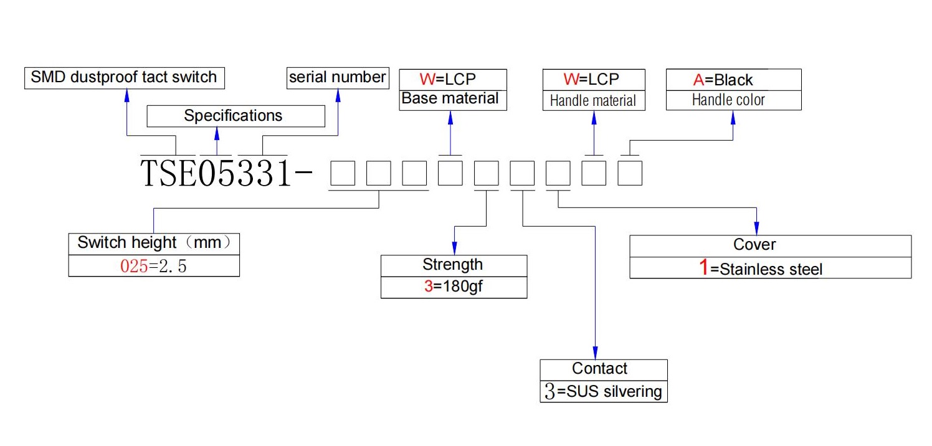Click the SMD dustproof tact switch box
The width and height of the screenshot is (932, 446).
click(x=125, y=78)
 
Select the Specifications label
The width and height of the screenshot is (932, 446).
click(x=233, y=116)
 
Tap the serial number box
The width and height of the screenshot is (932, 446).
click(x=338, y=78)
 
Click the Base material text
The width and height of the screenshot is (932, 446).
click(x=450, y=98)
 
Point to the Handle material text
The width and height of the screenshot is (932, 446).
click(x=593, y=101)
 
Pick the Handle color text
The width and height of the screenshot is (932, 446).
click(x=728, y=100)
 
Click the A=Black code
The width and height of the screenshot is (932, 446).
click(x=723, y=80)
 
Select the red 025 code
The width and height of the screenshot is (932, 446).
click(x=134, y=266)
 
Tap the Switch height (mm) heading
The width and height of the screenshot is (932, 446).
click(x=153, y=242)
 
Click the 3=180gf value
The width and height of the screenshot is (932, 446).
click(x=453, y=287)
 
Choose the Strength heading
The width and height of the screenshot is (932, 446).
click(x=453, y=265)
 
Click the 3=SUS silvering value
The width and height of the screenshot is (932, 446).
click(x=603, y=392)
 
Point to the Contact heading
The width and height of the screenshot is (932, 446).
click(x=599, y=369)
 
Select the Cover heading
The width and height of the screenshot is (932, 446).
click(x=754, y=245)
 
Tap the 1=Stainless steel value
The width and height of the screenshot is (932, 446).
click(x=761, y=268)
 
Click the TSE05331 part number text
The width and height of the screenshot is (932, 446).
click(x=216, y=173)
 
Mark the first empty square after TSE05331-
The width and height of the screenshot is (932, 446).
click(x=343, y=173)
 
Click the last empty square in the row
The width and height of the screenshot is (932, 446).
click(x=630, y=173)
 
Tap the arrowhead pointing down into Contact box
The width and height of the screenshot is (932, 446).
click(x=596, y=353)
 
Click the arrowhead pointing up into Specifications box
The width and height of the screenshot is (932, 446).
click(x=217, y=133)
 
